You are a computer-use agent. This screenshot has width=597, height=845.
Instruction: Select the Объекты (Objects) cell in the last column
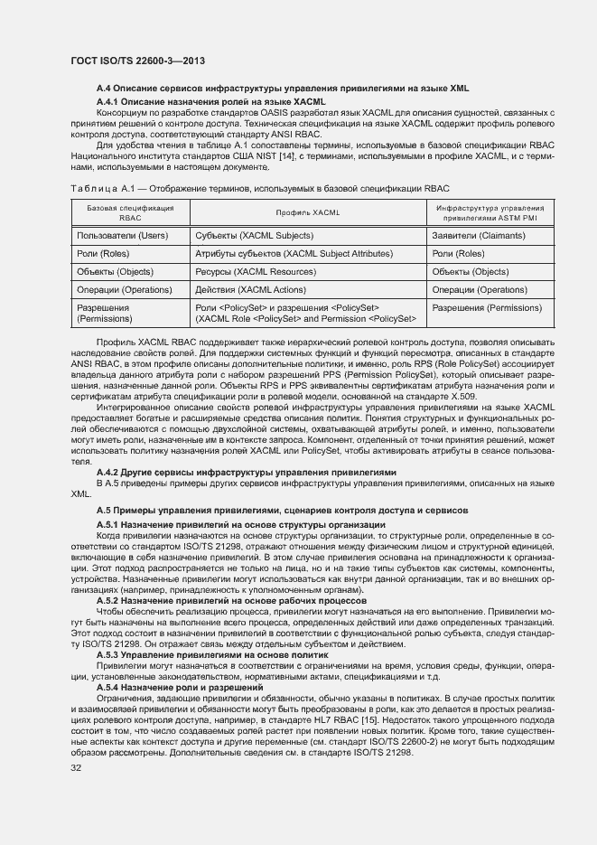(471, 272)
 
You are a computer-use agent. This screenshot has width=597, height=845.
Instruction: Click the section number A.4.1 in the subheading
(107, 102)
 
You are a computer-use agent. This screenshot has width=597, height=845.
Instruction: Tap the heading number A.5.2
(107, 600)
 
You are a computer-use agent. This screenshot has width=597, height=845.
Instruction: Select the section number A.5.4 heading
(107, 688)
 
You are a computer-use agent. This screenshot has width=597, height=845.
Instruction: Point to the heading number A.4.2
(107, 471)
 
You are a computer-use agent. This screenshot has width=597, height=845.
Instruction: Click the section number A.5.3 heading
(107, 653)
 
